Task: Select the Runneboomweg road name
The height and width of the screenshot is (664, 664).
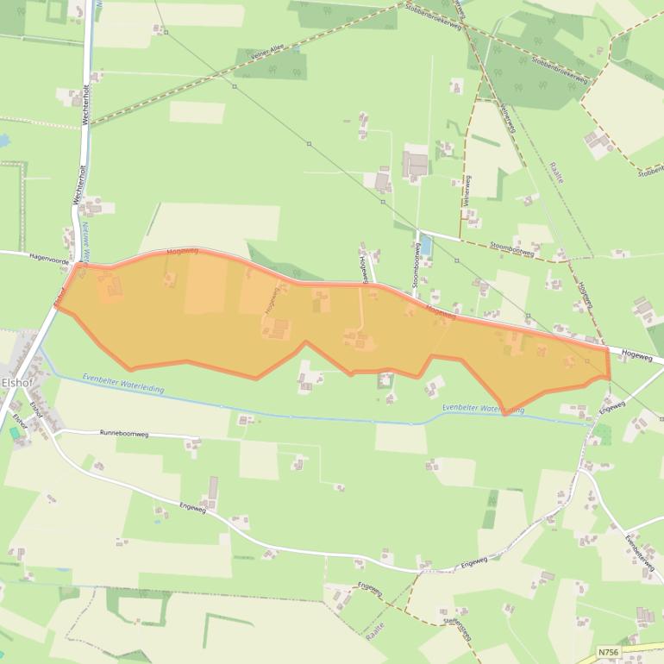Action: click(x=124, y=434)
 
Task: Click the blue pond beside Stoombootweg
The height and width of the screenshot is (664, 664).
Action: click(x=424, y=246)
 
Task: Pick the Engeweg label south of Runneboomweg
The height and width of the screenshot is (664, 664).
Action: click(x=193, y=510)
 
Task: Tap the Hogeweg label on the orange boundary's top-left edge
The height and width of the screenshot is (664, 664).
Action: click(x=183, y=250)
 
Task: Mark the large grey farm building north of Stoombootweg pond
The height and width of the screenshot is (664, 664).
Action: click(x=416, y=164)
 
